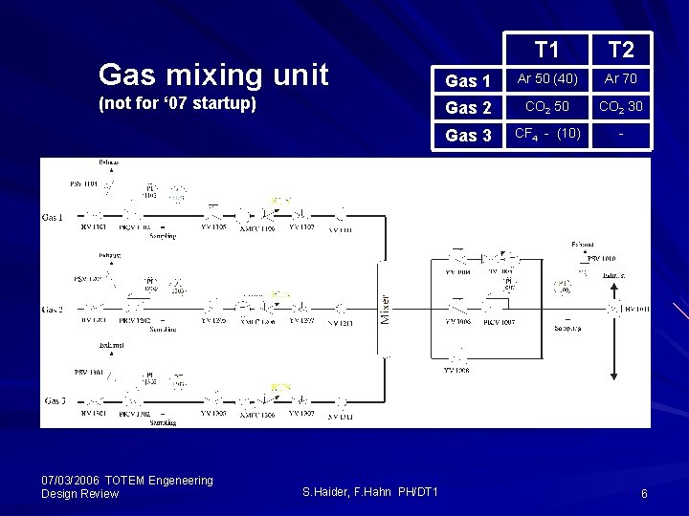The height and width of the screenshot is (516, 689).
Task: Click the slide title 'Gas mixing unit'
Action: [x=213, y=74]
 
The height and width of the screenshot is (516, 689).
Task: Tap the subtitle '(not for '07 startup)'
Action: [x=177, y=103]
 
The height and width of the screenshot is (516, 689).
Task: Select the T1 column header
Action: [x=547, y=50]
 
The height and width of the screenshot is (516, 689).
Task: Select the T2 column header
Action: [x=621, y=50]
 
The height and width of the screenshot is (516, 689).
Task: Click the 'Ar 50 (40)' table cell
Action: [x=547, y=78]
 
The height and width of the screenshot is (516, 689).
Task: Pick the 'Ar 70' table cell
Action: [x=621, y=78]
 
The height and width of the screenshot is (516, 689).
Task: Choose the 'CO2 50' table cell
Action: [x=547, y=106]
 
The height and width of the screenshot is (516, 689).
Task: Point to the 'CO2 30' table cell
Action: [x=621, y=106]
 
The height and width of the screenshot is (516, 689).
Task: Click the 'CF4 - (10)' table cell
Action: [x=547, y=134]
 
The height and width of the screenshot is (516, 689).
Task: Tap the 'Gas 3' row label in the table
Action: [x=468, y=135]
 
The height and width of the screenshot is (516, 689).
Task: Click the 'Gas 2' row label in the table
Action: [x=468, y=107]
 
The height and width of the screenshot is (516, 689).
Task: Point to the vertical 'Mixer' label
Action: [x=385, y=309]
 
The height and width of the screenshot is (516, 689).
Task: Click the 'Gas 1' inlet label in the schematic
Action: [x=53, y=217]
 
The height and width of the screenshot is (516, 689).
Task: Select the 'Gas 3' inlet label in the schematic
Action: [x=53, y=400]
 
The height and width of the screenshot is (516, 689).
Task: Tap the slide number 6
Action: [x=644, y=493]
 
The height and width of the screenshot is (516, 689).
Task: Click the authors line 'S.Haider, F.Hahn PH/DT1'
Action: [x=369, y=491]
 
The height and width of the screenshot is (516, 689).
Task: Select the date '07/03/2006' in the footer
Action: [x=72, y=480]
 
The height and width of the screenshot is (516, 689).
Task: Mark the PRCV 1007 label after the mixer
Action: [x=500, y=322]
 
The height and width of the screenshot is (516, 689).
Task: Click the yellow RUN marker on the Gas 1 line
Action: [x=280, y=201]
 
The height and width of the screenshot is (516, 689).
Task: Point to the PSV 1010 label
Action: [x=601, y=258]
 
